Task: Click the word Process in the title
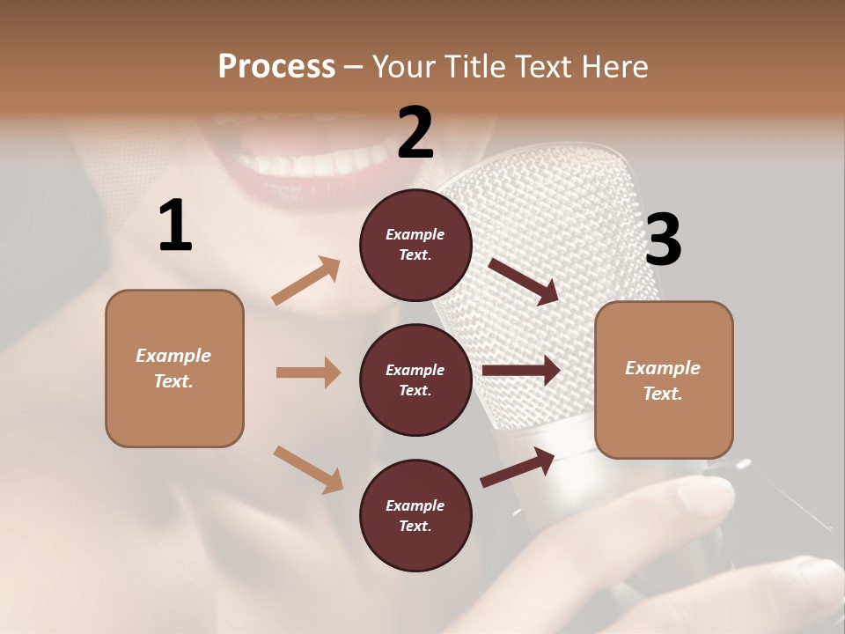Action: pos(276,67)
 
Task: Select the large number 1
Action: pos(175,226)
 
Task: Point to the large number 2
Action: pos(415,133)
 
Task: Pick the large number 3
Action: pos(663,240)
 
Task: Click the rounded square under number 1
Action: pos(174,368)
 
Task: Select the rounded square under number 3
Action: pos(664,380)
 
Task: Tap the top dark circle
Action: pos(415,245)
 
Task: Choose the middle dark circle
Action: pos(415,380)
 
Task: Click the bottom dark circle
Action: pos(415,515)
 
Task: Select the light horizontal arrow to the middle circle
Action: pos(308,372)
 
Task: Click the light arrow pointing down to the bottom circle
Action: pos(308,468)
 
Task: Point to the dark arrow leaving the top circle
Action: pos(524,281)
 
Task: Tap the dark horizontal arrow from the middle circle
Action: pos(521,371)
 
